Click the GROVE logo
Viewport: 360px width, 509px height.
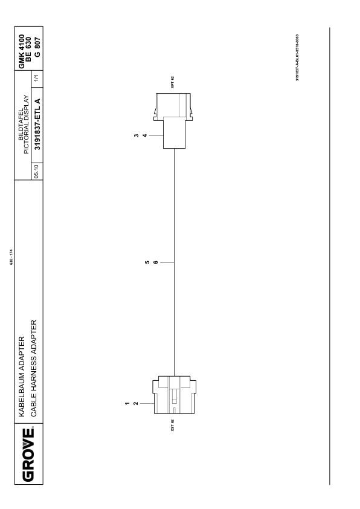(x=28, y=455)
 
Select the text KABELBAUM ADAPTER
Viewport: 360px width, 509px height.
(x=21, y=377)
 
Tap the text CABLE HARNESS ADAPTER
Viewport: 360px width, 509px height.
(x=34, y=368)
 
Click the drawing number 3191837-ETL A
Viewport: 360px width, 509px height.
(x=37, y=125)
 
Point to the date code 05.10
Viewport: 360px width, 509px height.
(x=36, y=172)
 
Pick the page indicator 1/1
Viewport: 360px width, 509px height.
(x=36, y=78)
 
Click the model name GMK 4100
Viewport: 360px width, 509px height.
(x=21, y=51)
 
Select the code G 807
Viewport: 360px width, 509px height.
(x=37, y=47)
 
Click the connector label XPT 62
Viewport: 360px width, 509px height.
(x=173, y=82)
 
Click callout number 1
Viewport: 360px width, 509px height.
(x=127, y=403)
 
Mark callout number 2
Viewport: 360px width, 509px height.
(x=136, y=403)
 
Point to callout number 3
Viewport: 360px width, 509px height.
(x=137, y=135)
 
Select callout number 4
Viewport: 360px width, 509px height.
(x=145, y=135)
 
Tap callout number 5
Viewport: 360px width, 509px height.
(x=147, y=262)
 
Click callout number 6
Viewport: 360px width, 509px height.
(x=156, y=262)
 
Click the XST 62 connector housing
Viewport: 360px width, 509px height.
(x=175, y=395)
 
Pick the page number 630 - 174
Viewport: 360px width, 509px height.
(x=11, y=256)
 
